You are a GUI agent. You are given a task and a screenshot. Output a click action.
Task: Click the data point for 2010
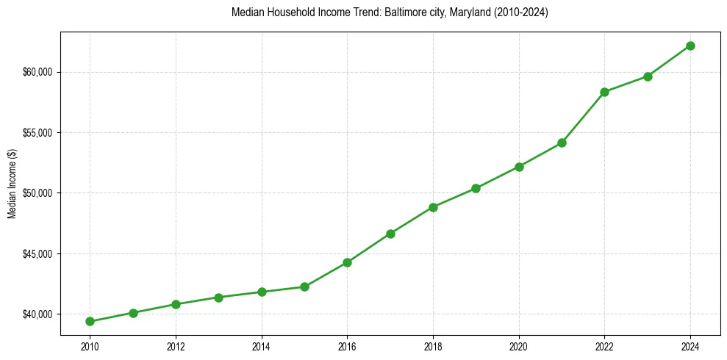click(90, 321)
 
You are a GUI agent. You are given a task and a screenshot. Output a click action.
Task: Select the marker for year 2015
click(304, 287)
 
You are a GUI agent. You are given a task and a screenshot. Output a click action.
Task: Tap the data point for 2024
click(690, 46)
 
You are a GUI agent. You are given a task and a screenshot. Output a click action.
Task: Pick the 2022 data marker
click(604, 92)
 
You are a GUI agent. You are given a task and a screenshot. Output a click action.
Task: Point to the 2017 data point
click(390, 234)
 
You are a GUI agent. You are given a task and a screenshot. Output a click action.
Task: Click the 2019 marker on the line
click(476, 188)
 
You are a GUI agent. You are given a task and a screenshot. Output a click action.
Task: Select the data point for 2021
click(562, 143)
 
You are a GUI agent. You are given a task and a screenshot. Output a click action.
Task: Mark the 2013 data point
click(218, 298)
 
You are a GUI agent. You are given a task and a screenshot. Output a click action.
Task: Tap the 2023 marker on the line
click(648, 76)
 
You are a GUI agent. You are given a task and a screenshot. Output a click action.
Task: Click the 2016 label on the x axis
click(347, 345)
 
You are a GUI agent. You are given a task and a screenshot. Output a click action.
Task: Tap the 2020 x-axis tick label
click(519, 345)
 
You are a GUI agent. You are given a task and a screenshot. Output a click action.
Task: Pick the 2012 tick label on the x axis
click(176, 345)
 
